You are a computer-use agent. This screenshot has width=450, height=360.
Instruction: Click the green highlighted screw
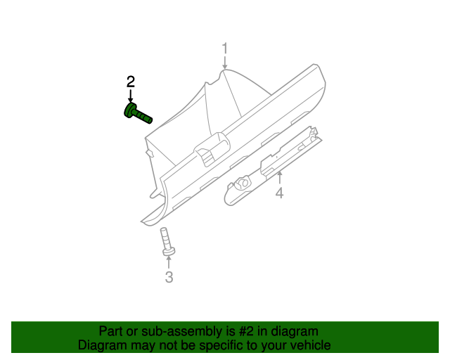pyautogui.click(x=138, y=113)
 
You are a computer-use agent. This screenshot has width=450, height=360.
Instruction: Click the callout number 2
pyautogui.click(x=130, y=82)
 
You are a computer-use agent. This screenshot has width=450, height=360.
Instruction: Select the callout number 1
pyautogui.click(x=225, y=49)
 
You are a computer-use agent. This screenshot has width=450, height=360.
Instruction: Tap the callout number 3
pyautogui.click(x=169, y=277)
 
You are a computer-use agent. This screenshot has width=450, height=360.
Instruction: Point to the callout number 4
pyautogui.click(x=279, y=193)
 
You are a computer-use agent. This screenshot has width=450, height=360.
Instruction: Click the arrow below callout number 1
pyautogui.click(x=225, y=63)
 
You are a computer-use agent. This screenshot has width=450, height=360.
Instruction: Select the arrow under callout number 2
pyautogui.click(x=130, y=96)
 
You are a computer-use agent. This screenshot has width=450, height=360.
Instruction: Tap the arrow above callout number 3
pyautogui.click(x=169, y=263)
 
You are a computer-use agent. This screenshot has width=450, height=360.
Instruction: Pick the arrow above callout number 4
pyautogui.click(x=279, y=176)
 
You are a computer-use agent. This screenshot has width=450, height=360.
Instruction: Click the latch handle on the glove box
pyautogui.click(x=210, y=150)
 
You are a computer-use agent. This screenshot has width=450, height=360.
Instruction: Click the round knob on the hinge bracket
pyautogui.click(x=243, y=183)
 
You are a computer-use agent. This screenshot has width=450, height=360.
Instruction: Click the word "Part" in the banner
pyautogui.click(x=111, y=331)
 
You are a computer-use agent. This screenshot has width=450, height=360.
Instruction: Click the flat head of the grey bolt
pyautogui.click(x=169, y=250)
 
